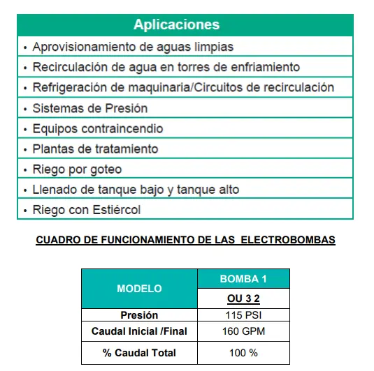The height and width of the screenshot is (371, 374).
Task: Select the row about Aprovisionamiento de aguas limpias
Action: [x=133, y=47]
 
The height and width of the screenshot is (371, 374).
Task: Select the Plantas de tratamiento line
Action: [x=95, y=149]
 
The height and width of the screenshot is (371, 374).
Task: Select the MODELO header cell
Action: [x=139, y=289]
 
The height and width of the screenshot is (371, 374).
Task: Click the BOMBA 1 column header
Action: [x=243, y=280]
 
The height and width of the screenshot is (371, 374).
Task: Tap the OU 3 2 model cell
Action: [x=243, y=298]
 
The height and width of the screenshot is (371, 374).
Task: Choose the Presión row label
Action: [x=139, y=315]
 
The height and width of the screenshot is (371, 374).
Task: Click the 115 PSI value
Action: [x=243, y=315]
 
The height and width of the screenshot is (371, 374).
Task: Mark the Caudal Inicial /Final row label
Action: [x=139, y=331]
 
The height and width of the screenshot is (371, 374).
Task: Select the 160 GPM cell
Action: [x=243, y=331]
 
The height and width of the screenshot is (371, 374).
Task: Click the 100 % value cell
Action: [x=243, y=352]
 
